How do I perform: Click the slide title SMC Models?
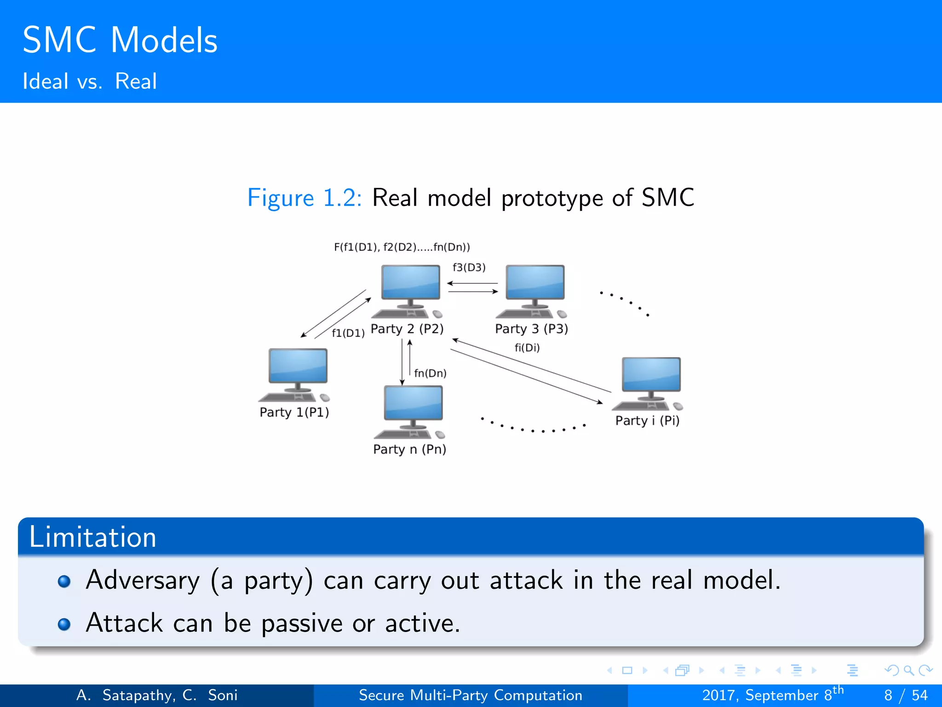click(x=120, y=41)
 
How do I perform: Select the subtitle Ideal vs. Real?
click(x=90, y=81)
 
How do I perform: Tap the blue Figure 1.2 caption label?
click(x=304, y=198)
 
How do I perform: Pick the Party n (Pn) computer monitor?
click(x=413, y=403)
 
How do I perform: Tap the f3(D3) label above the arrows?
click(x=469, y=267)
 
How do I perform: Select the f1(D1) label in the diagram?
click(x=348, y=333)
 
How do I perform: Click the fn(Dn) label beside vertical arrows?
click(x=430, y=373)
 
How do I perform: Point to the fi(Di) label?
click(x=527, y=348)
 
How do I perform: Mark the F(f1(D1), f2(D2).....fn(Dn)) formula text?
click(x=402, y=247)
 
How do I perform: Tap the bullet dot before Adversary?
click(x=64, y=581)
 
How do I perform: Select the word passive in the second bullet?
click(x=302, y=624)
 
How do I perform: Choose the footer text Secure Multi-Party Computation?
click(x=470, y=695)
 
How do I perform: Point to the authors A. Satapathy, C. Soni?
click(x=157, y=695)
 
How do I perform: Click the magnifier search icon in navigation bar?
click(x=908, y=670)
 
